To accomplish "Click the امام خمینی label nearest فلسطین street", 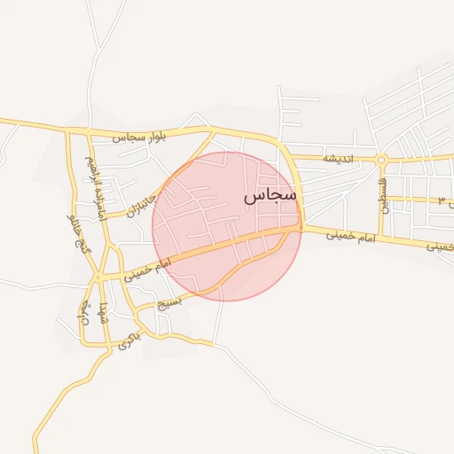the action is click(x=346, y=235).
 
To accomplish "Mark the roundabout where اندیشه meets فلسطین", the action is click(x=381, y=160).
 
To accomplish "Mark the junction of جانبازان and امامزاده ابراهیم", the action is click(x=106, y=215).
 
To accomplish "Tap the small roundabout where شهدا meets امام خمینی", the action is click(x=98, y=278).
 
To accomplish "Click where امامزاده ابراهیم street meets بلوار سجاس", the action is click(x=88, y=132).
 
